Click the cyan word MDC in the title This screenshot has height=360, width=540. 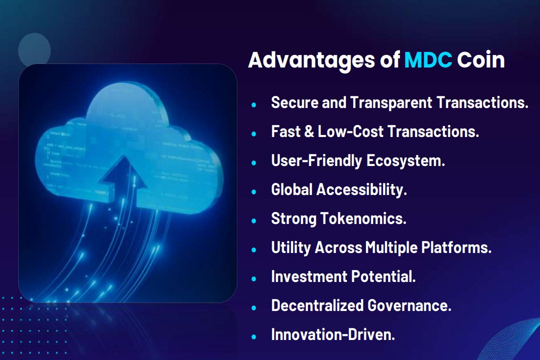point(428,60)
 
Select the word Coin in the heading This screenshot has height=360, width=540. point(480,60)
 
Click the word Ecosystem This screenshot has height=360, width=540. point(405,161)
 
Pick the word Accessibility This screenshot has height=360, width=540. point(361,190)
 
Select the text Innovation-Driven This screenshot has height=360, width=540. point(333,334)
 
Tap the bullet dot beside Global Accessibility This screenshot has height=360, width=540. point(254,191)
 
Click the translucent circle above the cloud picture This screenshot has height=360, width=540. point(34,49)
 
